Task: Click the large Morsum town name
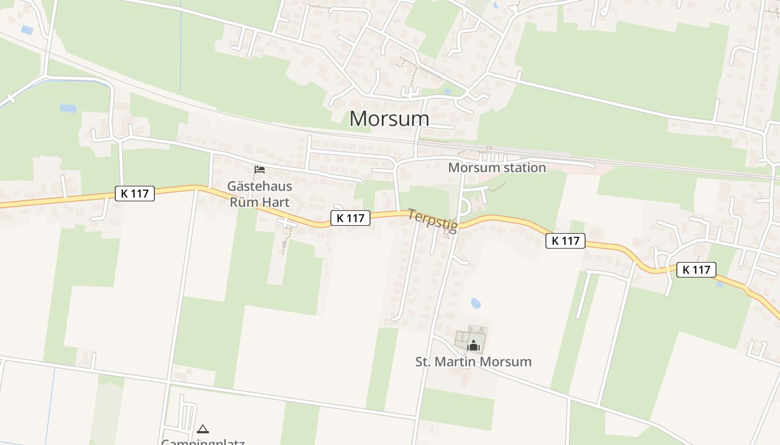[389, 118]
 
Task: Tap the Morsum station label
[496, 167]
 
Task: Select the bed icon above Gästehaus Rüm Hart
[260, 169]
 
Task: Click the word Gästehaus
[260, 186]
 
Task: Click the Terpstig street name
[432, 220]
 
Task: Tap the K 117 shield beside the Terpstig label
[350, 218]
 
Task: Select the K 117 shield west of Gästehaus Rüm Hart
[134, 194]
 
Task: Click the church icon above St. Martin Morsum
[474, 345]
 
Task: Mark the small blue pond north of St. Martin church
[475, 303]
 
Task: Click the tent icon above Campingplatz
[203, 429]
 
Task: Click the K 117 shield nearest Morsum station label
[565, 241]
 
